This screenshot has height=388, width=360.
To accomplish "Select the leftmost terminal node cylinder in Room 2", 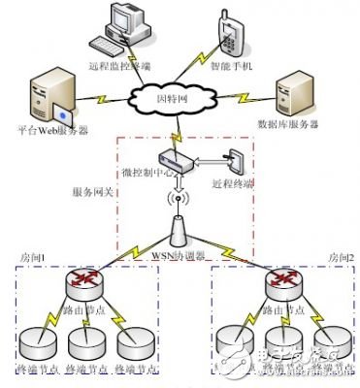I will (234, 342).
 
